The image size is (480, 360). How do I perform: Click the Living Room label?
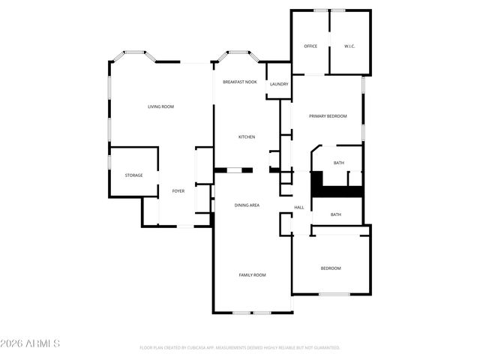coord(160,106)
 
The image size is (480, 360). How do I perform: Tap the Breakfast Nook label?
coord(240,82)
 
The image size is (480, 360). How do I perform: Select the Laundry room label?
coord(279,84)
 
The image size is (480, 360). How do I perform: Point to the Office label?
coord(310,46)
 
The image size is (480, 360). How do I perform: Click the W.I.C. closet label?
coord(349,46)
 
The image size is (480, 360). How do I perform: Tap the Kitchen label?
coord(247,136)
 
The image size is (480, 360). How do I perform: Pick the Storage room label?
coord(133,175)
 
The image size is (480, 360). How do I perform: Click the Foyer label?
coord(178,191)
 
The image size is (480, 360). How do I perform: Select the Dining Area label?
coord(247,205)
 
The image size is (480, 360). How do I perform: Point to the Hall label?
coord(298,207)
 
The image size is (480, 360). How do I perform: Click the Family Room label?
coord(252,275)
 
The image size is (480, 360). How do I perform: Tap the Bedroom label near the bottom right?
coord(331,268)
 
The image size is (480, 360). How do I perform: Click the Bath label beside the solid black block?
coord(339,163)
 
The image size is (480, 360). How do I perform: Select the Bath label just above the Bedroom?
coord(335,214)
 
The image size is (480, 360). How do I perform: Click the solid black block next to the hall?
coord(317,184)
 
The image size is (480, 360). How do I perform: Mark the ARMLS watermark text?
coord(31,343)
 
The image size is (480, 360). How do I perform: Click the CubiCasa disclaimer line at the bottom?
coord(240,348)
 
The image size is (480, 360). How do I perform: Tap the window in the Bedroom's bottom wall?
coord(331,293)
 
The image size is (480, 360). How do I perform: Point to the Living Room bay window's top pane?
coord(134,52)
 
